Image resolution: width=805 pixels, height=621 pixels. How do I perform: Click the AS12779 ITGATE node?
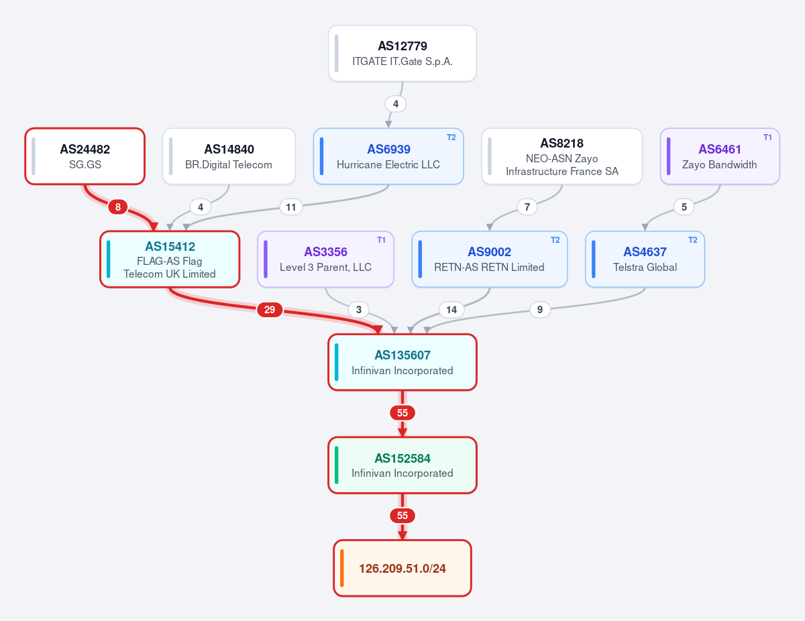tap(402, 54)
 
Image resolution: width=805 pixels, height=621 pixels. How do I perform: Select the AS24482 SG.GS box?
tap(85, 156)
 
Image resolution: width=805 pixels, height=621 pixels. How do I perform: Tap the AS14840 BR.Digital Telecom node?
tap(229, 156)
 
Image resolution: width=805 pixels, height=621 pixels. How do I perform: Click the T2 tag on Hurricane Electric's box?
tap(451, 137)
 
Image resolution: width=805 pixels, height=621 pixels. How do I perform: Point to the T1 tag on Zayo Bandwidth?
tap(767, 137)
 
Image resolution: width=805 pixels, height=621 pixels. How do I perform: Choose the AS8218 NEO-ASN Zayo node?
tap(561, 156)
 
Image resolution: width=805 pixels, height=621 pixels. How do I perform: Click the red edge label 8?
tap(118, 207)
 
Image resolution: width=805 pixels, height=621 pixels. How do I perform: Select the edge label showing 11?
tap(291, 207)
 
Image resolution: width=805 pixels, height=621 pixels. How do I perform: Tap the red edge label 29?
tap(270, 310)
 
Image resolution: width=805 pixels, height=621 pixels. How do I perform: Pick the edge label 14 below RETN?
tap(451, 310)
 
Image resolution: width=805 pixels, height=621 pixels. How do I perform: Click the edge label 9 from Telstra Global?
tap(540, 310)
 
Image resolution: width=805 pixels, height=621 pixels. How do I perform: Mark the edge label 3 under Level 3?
tap(359, 310)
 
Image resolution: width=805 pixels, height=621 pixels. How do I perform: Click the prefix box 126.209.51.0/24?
tap(402, 568)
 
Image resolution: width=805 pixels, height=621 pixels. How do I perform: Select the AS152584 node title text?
tap(402, 459)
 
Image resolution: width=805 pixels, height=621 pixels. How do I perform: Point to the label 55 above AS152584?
tap(402, 412)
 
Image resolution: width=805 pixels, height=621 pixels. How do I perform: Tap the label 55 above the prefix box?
tap(402, 516)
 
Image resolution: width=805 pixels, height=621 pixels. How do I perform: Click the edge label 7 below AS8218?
tap(527, 207)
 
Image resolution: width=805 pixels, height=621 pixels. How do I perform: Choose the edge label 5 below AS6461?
tap(684, 207)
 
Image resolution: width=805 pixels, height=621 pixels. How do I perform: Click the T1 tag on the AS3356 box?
tap(381, 240)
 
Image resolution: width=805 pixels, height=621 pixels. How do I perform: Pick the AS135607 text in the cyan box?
tap(402, 355)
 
